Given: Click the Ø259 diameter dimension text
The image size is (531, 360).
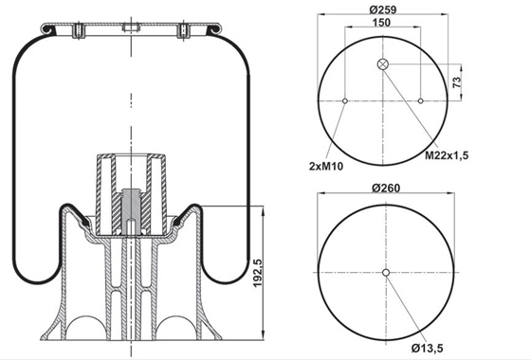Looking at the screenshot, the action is tap(382, 9).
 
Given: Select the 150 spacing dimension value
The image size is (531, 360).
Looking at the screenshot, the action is tap(381, 23).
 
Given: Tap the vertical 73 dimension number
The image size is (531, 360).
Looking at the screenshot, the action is tap(456, 82).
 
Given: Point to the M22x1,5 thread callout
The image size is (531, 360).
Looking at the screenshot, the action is tap(447, 155).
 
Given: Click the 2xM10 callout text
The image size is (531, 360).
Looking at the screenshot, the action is tap(326, 166).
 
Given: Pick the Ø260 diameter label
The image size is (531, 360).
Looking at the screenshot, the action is tap(386, 188).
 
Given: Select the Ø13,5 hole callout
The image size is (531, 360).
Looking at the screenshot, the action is tap(428, 349).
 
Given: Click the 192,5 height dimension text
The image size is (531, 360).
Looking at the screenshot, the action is tap(258, 273).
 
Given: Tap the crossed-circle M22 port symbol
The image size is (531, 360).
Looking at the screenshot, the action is tap(383, 64).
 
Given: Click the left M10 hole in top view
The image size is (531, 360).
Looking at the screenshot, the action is tap(345, 100).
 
